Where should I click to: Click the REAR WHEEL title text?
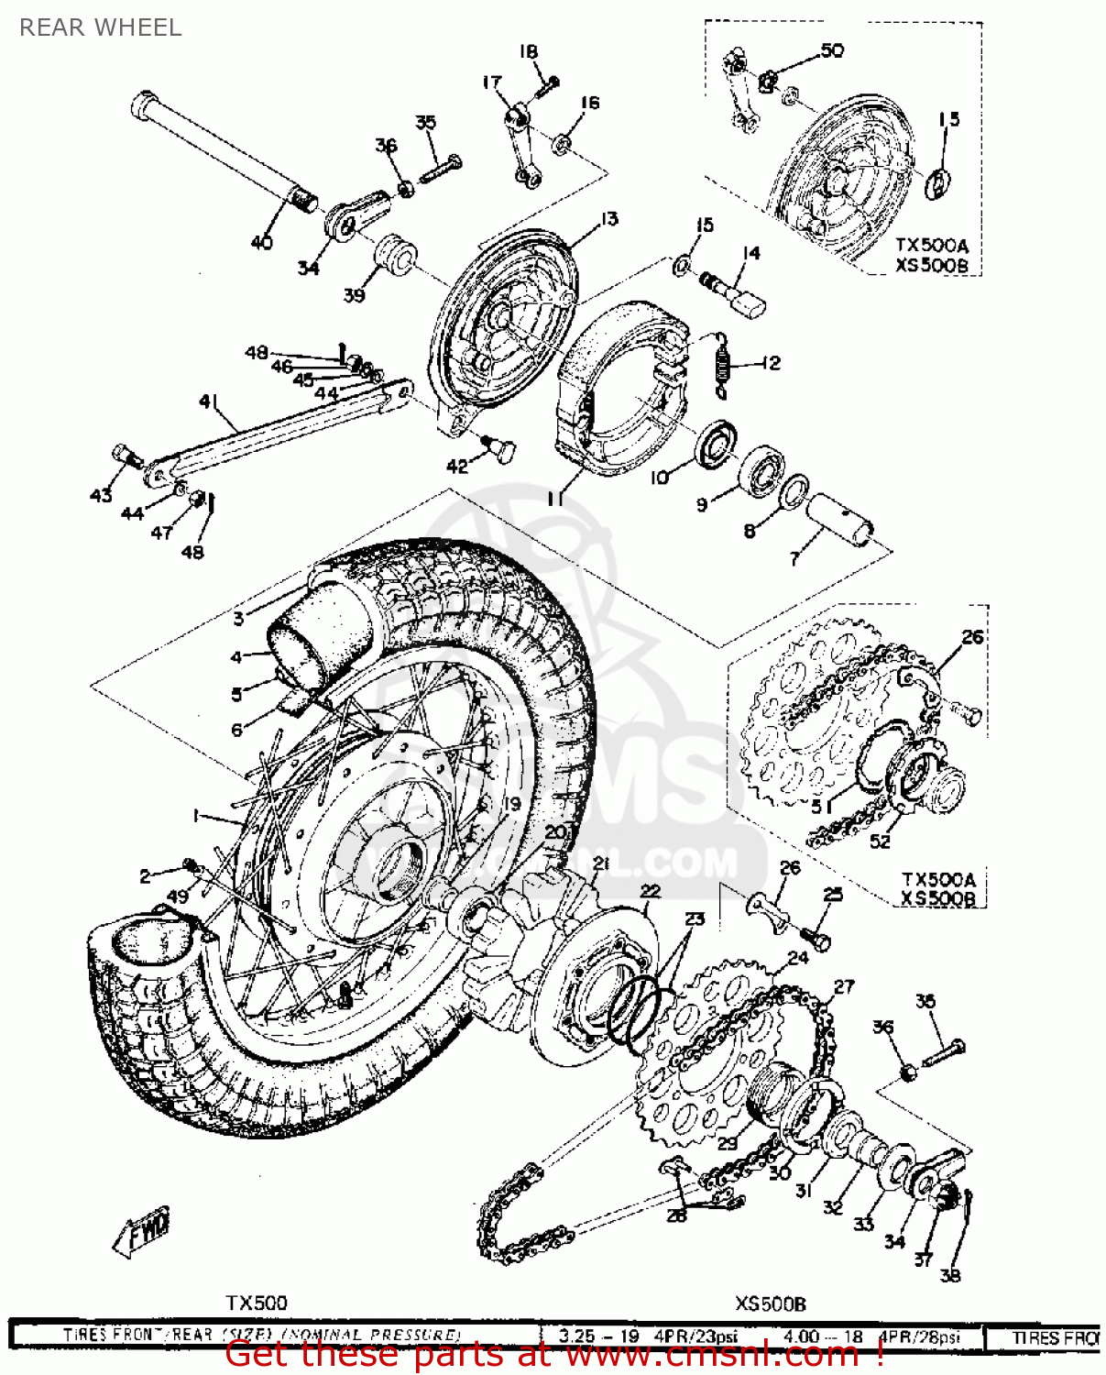point(100,27)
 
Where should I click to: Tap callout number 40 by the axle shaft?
point(262,242)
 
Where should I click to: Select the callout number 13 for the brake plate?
point(609,219)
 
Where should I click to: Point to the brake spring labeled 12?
point(724,365)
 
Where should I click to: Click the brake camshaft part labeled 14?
point(737,291)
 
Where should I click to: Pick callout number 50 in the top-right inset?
point(832,50)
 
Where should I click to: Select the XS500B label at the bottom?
point(770,1303)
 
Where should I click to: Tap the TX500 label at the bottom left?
point(257,1303)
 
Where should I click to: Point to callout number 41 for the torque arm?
point(209,401)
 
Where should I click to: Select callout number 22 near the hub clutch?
point(650,891)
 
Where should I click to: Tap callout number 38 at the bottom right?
point(950,1274)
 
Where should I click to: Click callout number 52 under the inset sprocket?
point(880,841)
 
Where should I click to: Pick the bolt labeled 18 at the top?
point(547,85)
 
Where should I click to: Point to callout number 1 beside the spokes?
point(195,815)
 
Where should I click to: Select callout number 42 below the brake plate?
point(456,467)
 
